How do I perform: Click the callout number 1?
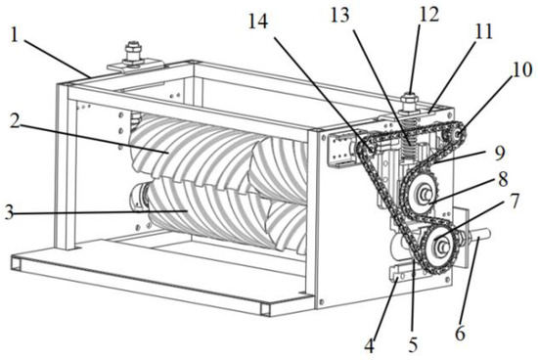[x=14, y=36]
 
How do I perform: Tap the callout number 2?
[x=16, y=119]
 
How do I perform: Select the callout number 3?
[x=10, y=213]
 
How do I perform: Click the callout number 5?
[x=413, y=344]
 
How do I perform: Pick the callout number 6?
[x=460, y=333]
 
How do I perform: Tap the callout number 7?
[x=514, y=202]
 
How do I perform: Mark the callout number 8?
[x=503, y=179]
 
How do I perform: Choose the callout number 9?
[x=499, y=154]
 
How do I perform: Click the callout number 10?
[x=521, y=70]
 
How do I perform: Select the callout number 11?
[x=483, y=31]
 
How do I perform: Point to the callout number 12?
[x=428, y=15]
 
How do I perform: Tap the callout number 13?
[x=339, y=16]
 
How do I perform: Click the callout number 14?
[x=258, y=22]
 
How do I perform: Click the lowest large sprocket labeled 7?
[x=439, y=247]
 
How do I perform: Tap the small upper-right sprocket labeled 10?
[x=454, y=136]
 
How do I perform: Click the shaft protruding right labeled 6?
[x=478, y=236]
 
